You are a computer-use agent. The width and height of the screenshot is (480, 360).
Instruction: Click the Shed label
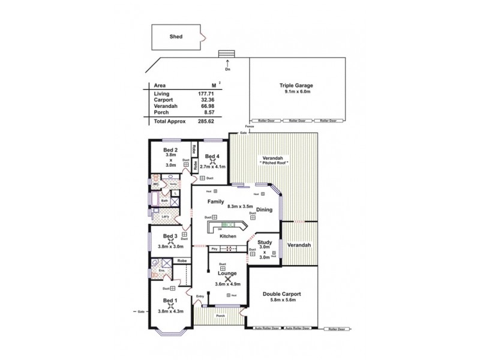coord(176,37)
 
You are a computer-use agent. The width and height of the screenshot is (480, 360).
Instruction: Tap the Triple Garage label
coord(296,86)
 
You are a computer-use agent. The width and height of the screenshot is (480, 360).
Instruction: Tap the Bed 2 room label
coord(170,149)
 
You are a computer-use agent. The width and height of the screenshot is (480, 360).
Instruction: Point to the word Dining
coord(265,210)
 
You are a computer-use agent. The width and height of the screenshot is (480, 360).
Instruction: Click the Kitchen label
coord(227,237)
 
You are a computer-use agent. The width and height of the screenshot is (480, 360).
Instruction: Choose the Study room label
coord(264,242)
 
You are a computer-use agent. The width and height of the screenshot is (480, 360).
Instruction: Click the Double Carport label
coord(281,294)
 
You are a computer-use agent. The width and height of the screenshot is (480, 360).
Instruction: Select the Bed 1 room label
coord(170,300)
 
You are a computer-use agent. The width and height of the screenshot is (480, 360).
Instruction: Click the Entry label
coord(200,296)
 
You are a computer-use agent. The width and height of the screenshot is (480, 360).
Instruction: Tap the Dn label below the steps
coord(226,69)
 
